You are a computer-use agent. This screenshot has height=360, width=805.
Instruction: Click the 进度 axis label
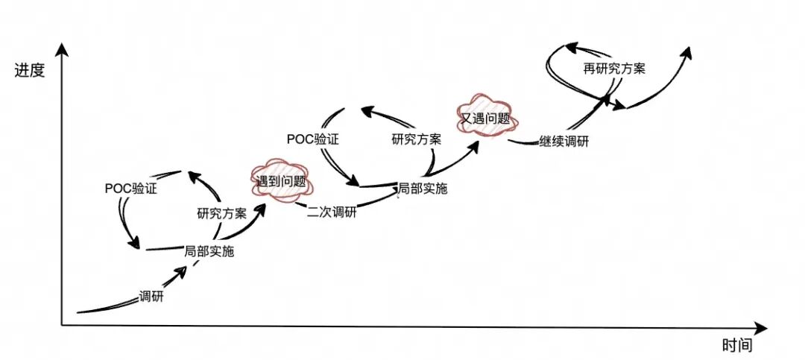click(x=30, y=71)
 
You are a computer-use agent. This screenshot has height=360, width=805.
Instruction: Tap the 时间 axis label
click(x=737, y=345)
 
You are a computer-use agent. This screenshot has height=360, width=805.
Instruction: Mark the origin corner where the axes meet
click(x=63, y=325)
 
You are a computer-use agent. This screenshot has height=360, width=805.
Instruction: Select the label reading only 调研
click(x=151, y=296)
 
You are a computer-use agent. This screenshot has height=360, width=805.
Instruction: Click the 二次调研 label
click(x=332, y=211)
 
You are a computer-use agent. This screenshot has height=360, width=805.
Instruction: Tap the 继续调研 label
click(x=563, y=141)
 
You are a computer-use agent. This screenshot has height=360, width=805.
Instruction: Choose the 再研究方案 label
click(x=614, y=69)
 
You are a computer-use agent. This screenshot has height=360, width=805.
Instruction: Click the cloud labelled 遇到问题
click(x=281, y=180)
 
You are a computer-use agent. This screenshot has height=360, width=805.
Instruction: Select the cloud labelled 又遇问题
click(x=484, y=117)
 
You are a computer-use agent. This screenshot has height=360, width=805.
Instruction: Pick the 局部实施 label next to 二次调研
click(x=423, y=189)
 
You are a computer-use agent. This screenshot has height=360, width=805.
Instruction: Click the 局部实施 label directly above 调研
click(x=209, y=252)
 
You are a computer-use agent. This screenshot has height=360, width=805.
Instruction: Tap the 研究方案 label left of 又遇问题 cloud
click(x=416, y=139)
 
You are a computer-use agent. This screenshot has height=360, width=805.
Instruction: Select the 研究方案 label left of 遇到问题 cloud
click(x=221, y=214)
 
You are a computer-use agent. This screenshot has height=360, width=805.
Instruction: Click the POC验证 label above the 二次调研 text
click(x=313, y=139)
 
